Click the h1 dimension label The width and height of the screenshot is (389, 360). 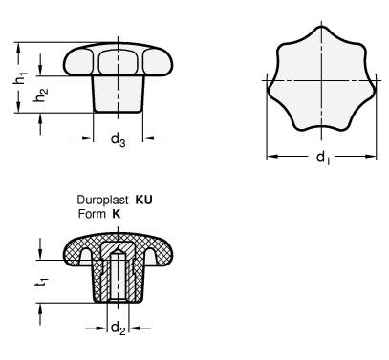21,78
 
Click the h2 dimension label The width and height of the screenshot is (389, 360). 41,95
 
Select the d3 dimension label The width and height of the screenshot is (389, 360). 118,139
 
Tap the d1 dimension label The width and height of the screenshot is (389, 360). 323,158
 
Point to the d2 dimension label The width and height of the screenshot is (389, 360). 118,328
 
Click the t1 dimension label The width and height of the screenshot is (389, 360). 42,283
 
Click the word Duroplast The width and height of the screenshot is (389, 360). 103,201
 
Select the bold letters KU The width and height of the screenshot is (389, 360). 144,200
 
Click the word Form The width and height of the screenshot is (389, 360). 92,214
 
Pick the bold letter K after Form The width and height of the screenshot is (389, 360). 117,214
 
